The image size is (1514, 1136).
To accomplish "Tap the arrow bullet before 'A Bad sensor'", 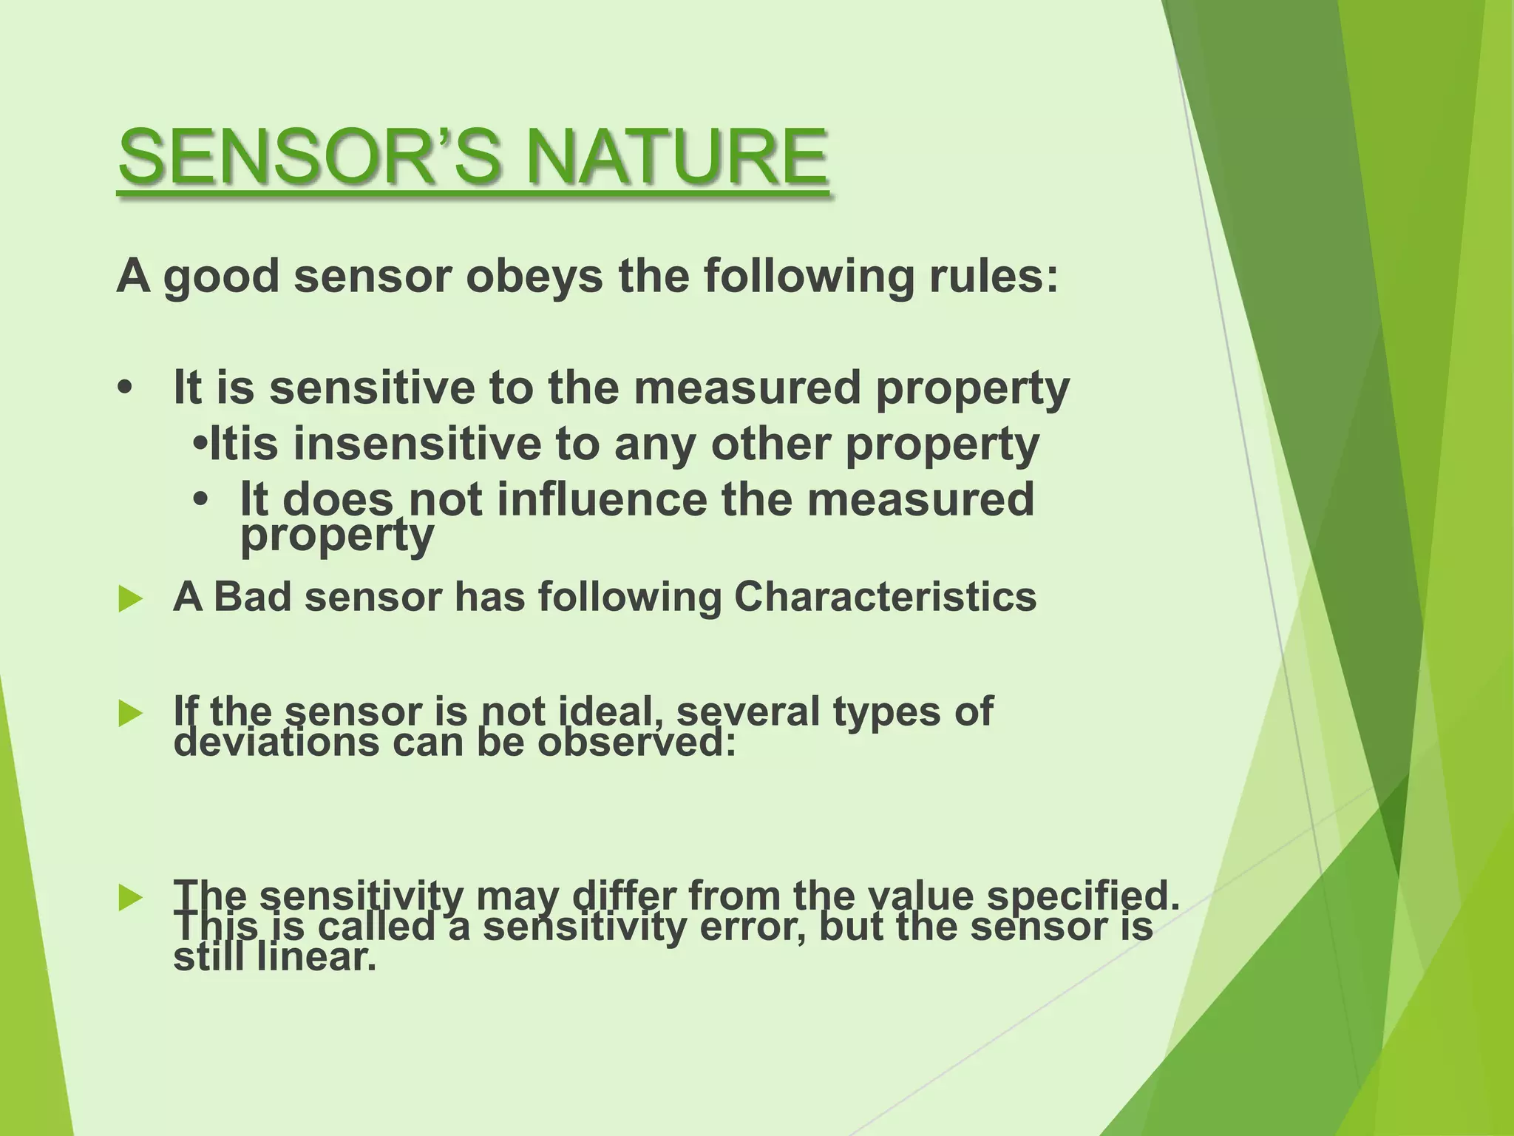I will pyautogui.click(x=129, y=598).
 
